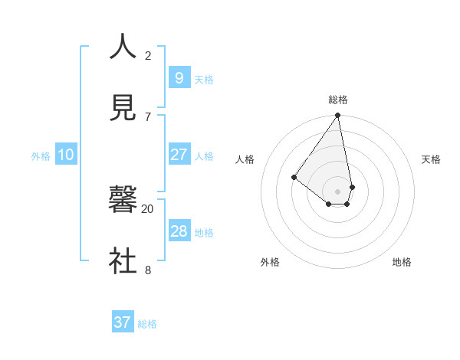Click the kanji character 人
coord(123,47)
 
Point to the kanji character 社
coord(123,260)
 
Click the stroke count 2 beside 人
coord(148,55)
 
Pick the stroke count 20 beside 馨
coord(147,208)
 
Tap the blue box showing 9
coord(179,77)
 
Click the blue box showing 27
coord(179,155)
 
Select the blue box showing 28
coord(179,231)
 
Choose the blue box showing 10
coord(65,155)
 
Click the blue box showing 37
coord(122,322)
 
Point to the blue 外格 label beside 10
coord(41,156)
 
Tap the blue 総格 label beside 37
coord(147,324)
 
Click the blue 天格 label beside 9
coord(204,80)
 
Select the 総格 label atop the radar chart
coord(338,100)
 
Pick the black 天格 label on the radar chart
coord(431,159)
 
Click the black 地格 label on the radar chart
coord(402,262)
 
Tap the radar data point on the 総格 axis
coord(337,116)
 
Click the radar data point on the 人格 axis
coord(294,178)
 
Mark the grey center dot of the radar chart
coord(337,191)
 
